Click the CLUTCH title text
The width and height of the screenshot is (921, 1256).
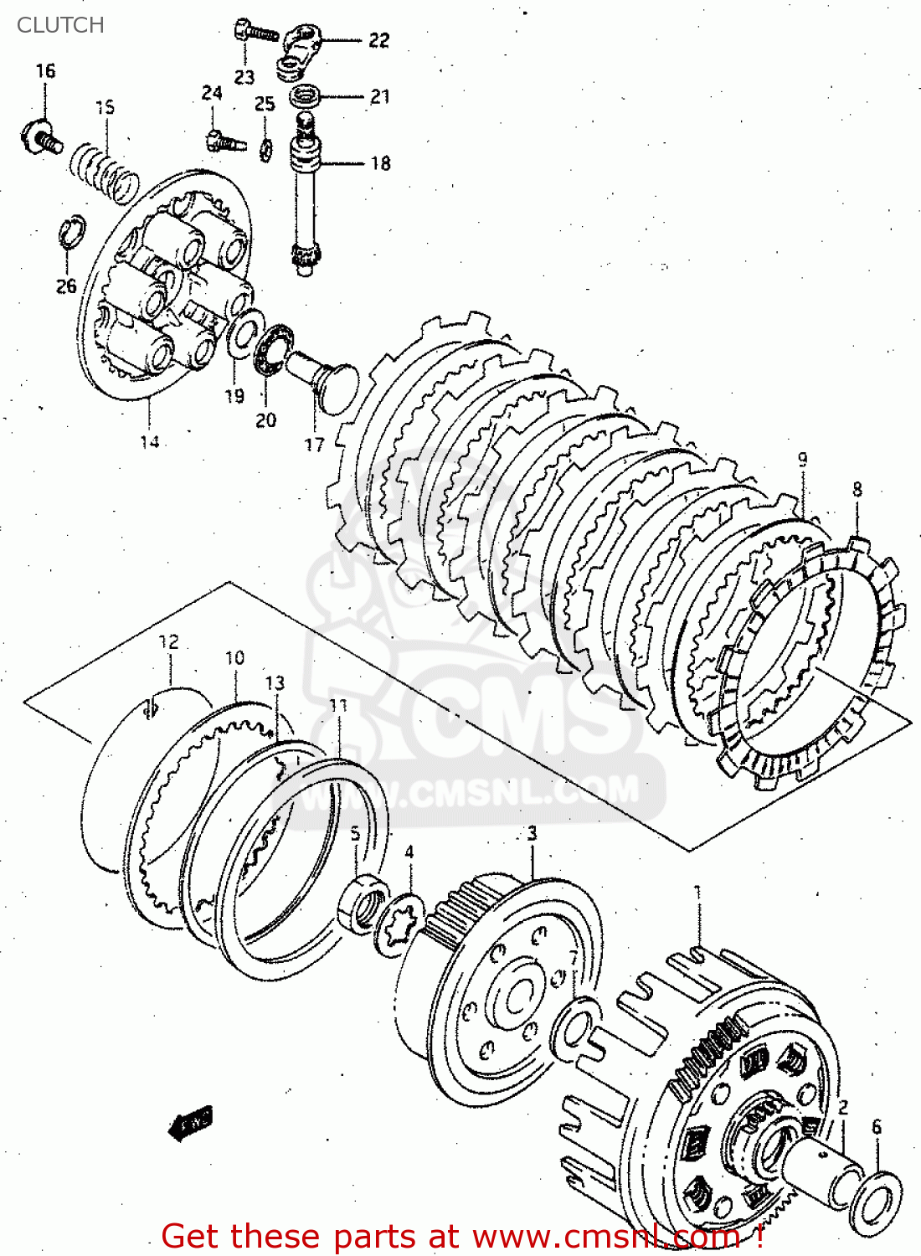(x=60, y=25)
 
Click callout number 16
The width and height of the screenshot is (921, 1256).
(x=45, y=71)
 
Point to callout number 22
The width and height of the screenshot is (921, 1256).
(x=379, y=40)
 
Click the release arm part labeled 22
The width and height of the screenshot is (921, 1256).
(x=297, y=51)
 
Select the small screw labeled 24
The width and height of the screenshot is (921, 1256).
(x=224, y=140)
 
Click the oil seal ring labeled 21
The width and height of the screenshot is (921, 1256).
(x=306, y=96)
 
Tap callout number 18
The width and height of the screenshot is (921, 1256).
(x=381, y=163)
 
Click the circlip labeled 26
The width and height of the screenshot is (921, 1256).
(x=72, y=231)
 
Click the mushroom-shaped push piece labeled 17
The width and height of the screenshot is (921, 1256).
(x=327, y=381)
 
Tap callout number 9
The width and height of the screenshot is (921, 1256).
(x=802, y=459)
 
